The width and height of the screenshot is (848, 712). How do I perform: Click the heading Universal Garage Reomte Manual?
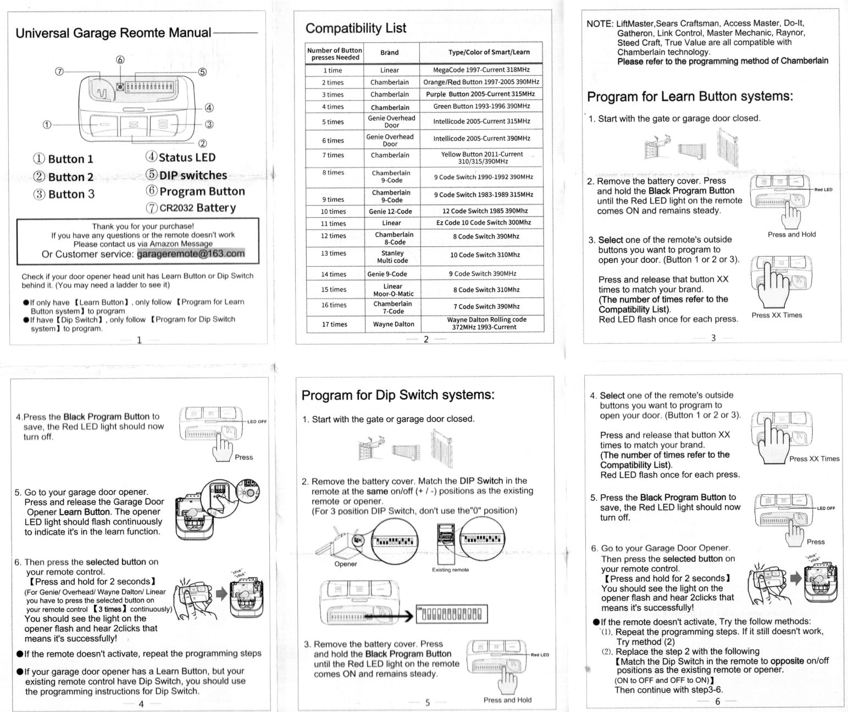click(x=113, y=32)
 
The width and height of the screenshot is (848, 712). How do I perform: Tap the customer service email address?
click(x=190, y=253)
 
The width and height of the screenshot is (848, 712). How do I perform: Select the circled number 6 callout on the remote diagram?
click(x=120, y=59)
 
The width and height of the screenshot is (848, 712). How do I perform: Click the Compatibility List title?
click(x=356, y=28)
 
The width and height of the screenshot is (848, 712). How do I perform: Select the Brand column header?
click(x=389, y=53)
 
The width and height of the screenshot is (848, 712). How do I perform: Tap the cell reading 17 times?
click(x=334, y=324)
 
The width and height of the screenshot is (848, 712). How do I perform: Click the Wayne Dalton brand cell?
click(x=393, y=324)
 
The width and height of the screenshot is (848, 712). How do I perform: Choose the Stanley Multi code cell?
click(x=392, y=257)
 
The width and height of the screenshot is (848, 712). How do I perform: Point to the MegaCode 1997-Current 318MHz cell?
click(x=481, y=70)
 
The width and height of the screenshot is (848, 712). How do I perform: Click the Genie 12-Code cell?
click(x=390, y=211)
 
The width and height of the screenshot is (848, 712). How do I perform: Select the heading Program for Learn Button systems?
click(x=690, y=97)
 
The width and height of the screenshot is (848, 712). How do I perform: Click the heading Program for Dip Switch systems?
click(x=398, y=395)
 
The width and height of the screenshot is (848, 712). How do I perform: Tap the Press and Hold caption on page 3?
click(x=791, y=234)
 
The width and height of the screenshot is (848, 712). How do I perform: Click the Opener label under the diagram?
click(x=346, y=564)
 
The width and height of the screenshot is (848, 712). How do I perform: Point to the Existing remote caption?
click(x=450, y=570)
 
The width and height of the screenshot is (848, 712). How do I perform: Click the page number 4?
click(x=141, y=704)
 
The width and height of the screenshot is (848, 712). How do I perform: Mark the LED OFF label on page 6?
click(x=825, y=508)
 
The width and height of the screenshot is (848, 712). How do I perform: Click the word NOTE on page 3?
click(x=600, y=24)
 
